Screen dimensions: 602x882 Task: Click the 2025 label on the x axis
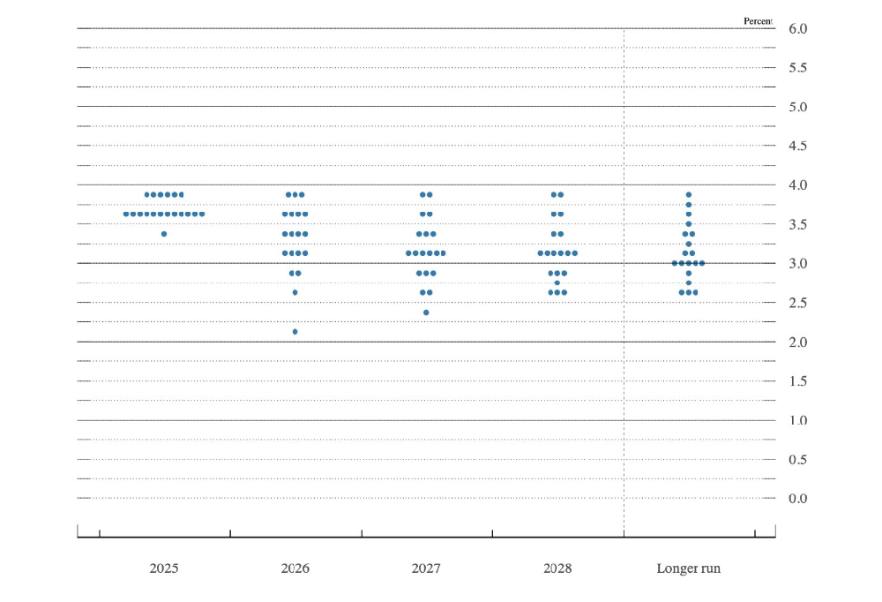click(164, 568)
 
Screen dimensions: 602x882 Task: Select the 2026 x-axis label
click(295, 568)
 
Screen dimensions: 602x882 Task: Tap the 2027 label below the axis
click(426, 568)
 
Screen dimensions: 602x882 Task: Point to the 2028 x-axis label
click(557, 568)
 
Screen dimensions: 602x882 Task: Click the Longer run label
click(688, 568)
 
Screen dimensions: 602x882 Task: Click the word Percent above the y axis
click(758, 20)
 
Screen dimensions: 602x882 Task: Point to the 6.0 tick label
click(797, 29)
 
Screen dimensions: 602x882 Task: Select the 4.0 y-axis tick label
click(797, 185)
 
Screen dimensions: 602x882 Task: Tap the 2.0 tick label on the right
click(797, 342)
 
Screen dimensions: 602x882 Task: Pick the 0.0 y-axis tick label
click(797, 499)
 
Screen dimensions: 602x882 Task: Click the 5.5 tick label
click(797, 68)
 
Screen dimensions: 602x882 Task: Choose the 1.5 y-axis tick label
click(797, 381)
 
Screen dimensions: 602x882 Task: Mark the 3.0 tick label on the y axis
click(797, 264)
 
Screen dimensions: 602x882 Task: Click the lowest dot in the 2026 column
click(295, 332)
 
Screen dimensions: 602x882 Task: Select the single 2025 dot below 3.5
click(164, 234)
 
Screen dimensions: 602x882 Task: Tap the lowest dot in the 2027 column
click(426, 312)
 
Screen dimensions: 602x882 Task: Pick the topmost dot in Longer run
click(688, 194)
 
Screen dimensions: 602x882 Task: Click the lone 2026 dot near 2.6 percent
click(295, 292)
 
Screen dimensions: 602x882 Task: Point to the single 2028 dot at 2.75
click(557, 283)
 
